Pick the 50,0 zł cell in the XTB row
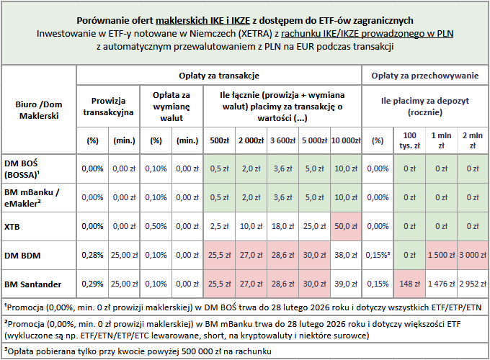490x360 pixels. pos(345,225)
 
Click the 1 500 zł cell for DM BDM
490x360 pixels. pos(442,254)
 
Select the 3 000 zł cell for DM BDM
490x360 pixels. pos(472,254)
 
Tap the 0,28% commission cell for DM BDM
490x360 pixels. pos(92,254)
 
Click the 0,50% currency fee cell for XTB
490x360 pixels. pos(156,225)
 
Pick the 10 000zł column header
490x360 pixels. pos(345,140)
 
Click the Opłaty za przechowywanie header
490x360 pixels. pos(425,75)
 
